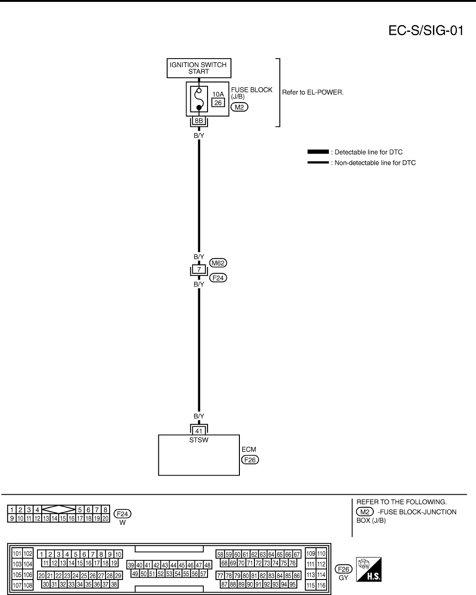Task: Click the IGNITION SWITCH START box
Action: tap(199, 68)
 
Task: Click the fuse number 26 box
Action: tap(218, 103)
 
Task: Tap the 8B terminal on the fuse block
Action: tap(199, 121)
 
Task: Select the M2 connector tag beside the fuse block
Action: tap(239, 107)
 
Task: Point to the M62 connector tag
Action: tap(218, 263)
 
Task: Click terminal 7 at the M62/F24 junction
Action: tap(199, 270)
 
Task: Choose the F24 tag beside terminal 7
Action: tap(218, 278)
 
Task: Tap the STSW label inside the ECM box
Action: tap(199, 440)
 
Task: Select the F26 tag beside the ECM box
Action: tap(250, 460)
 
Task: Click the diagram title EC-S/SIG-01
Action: tap(426, 31)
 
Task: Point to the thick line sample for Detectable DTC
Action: tap(318, 152)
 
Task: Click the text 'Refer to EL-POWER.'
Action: tap(312, 92)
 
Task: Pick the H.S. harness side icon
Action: tap(369, 570)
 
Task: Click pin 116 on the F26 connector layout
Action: tap(321, 586)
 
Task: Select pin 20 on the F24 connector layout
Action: tap(105, 519)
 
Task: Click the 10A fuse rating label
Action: tap(218, 95)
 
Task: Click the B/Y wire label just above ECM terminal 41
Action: tap(199, 416)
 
